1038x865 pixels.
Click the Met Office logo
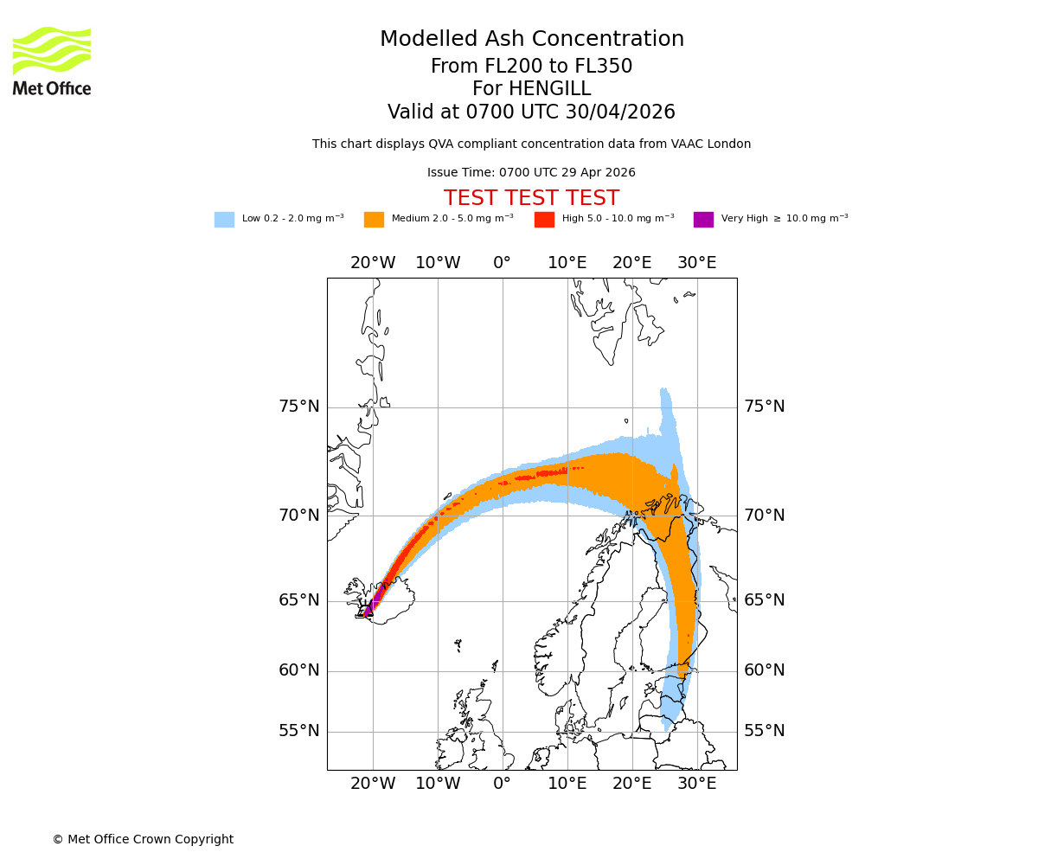click(x=52, y=61)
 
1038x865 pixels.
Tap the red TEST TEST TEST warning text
click(x=531, y=198)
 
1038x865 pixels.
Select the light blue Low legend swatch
click(x=224, y=219)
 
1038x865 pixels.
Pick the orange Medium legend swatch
click(x=374, y=219)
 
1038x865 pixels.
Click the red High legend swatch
click(x=544, y=219)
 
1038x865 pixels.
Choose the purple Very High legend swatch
click(x=703, y=219)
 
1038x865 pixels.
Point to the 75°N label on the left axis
click(x=298, y=407)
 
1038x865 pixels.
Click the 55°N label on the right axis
click(x=765, y=731)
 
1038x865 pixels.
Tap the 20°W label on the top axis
click(x=373, y=263)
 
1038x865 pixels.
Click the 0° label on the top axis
click(x=502, y=263)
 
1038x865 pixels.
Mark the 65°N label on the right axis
click(x=765, y=600)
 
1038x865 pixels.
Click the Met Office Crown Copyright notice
click(x=143, y=839)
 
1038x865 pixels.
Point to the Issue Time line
click(x=531, y=173)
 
